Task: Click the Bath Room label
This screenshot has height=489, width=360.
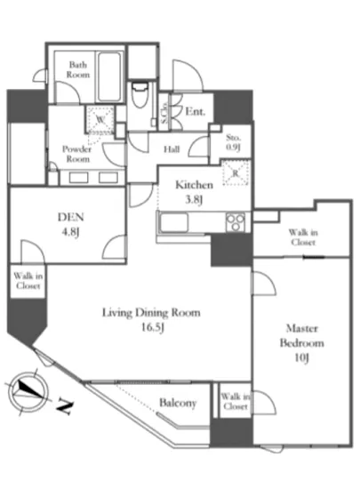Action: [78, 70]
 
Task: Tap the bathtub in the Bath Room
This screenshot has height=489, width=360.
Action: [109, 76]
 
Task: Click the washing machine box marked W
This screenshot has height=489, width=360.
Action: [100, 119]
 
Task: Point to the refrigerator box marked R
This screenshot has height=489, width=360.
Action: [236, 172]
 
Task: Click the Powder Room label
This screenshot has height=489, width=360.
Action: [77, 154]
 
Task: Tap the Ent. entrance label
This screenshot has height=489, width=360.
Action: [196, 111]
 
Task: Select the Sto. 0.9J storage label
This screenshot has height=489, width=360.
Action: [234, 142]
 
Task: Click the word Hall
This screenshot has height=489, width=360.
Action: [172, 149]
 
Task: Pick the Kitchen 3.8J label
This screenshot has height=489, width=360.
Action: [194, 191]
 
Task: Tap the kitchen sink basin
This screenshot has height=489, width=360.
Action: [174, 222]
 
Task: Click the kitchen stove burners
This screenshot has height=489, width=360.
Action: [236, 222]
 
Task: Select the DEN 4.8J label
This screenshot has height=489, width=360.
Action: [71, 224]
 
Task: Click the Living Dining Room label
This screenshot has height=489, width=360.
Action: [151, 313]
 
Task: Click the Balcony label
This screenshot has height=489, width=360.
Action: [178, 403]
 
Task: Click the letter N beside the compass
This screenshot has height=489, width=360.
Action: [65, 406]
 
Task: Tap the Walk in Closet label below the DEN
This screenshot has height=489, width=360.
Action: [28, 281]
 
